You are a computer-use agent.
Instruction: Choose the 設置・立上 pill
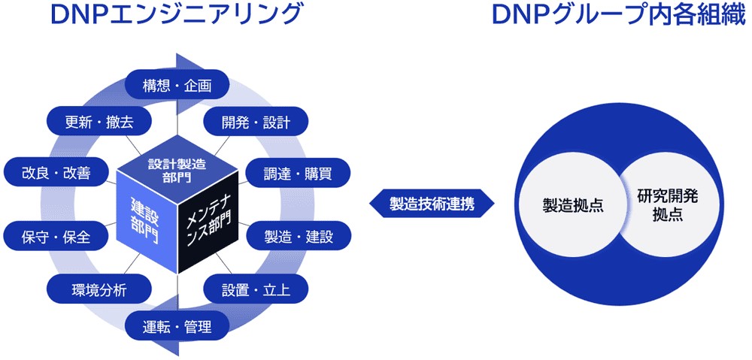[245, 289]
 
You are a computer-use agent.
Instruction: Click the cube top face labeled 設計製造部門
[177, 170]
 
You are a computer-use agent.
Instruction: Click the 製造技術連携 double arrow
[432, 203]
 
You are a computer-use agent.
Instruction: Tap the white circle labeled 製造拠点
[573, 204]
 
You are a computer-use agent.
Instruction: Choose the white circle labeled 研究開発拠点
[665, 204]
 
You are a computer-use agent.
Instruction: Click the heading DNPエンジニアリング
[164, 16]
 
